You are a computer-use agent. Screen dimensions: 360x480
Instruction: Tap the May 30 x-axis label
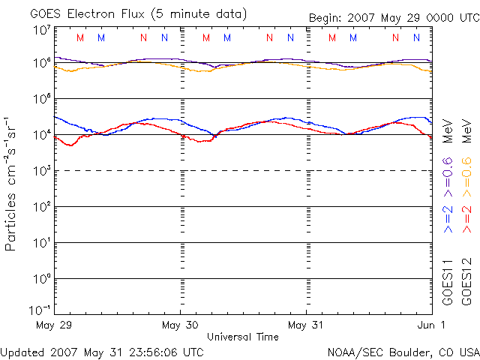point(179,325)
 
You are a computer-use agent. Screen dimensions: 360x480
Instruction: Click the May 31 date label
point(305,325)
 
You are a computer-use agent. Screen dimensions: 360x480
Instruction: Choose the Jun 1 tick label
point(430,325)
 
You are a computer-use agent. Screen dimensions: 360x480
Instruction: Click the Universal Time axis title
point(242,337)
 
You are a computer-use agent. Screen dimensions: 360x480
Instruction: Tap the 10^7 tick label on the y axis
point(42,31)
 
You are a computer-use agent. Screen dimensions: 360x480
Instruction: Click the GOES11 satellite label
point(448,281)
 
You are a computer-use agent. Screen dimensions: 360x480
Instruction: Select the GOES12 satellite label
point(466,281)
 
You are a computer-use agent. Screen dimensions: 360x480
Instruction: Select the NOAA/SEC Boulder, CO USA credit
point(403,351)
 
